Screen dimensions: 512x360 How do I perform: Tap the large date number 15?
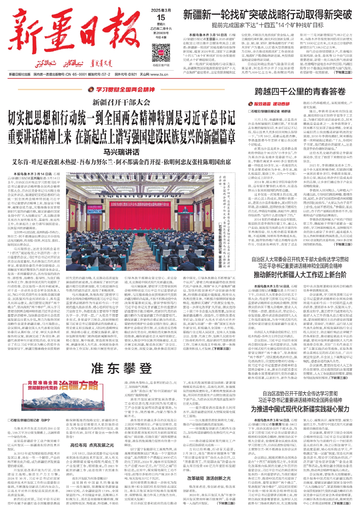(x=161, y=17)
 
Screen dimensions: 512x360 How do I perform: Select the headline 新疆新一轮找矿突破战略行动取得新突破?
(x=267, y=15)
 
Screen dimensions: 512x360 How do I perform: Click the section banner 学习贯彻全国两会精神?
(x=121, y=89)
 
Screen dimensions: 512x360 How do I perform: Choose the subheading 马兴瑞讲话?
(x=121, y=152)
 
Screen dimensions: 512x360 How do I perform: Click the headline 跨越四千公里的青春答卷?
(x=300, y=92)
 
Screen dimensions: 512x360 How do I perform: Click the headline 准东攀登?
(x=121, y=368)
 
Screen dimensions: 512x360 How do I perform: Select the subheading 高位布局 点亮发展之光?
(x=92, y=445)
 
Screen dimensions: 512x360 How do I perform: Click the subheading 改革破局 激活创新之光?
(x=209, y=478)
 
